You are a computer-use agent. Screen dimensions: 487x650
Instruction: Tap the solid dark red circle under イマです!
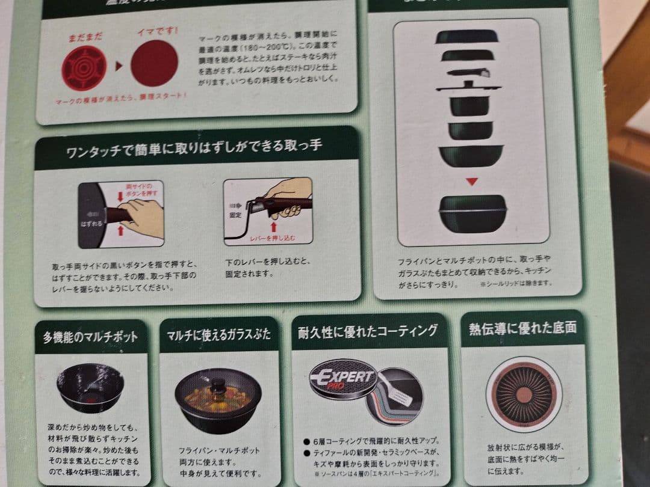(x=154, y=64)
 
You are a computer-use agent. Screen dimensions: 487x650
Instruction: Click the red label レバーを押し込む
(x=271, y=237)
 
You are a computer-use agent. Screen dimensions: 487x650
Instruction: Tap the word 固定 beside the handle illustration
(x=236, y=214)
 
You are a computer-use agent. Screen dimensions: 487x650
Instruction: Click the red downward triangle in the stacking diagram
(x=472, y=181)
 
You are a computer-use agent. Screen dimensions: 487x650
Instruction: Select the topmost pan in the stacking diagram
(x=467, y=37)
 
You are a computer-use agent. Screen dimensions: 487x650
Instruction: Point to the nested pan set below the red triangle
(x=471, y=213)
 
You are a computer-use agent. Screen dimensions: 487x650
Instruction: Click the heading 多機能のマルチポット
(x=90, y=337)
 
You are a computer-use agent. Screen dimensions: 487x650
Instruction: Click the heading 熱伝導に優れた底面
(x=522, y=328)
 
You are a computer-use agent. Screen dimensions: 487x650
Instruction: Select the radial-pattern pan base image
(x=524, y=394)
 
